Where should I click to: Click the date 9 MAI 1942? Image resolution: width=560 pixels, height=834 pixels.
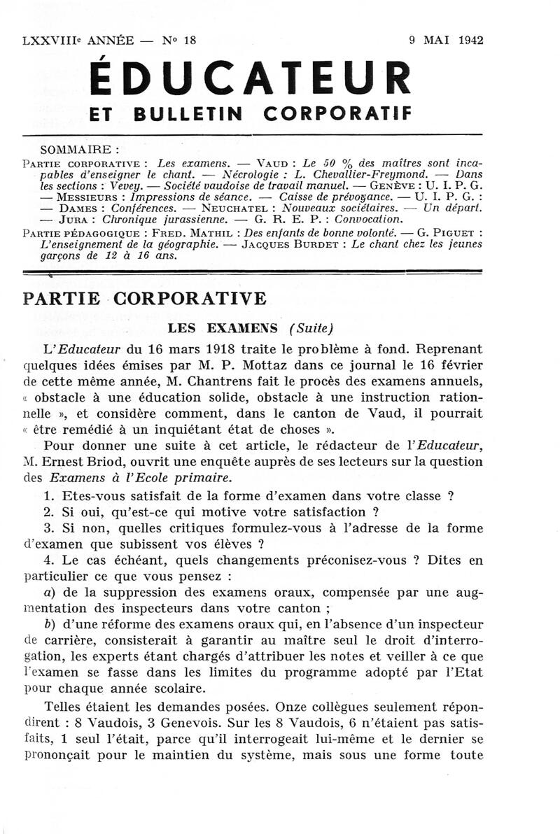(x=446, y=41)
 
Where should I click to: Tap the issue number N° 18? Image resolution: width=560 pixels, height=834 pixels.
(x=180, y=41)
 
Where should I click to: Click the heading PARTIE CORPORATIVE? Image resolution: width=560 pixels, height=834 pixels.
(x=145, y=298)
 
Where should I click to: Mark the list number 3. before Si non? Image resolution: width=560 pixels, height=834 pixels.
(x=48, y=529)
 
